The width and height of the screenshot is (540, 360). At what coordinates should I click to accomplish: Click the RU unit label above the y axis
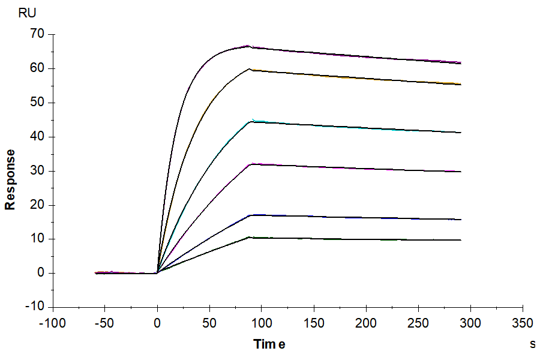(x=28, y=13)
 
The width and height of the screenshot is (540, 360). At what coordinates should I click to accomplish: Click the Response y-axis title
(x=10, y=179)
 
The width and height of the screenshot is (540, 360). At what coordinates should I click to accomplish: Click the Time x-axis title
(x=269, y=344)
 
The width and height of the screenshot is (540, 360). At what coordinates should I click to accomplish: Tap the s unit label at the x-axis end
(x=533, y=344)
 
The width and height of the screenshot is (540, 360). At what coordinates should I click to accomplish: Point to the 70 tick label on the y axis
(x=38, y=34)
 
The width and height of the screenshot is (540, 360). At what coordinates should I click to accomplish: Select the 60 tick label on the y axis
(x=38, y=68)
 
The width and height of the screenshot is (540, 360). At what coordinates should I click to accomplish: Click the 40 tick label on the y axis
(x=38, y=137)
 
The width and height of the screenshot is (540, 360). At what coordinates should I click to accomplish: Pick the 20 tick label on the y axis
(x=38, y=205)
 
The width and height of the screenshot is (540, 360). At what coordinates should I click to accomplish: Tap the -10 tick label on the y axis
(x=35, y=307)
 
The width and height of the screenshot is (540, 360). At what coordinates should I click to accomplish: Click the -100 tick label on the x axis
(x=53, y=323)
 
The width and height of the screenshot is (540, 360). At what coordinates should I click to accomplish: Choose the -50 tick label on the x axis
(x=105, y=323)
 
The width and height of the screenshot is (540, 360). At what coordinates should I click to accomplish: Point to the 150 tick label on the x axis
(x=314, y=323)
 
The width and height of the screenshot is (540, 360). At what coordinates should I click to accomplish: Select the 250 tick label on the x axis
(x=418, y=323)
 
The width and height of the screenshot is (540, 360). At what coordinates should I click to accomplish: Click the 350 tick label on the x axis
(x=523, y=323)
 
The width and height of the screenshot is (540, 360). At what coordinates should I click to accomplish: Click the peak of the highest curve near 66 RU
(x=248, y=46)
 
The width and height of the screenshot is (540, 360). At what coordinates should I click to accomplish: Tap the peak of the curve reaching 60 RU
(x=250, y=69)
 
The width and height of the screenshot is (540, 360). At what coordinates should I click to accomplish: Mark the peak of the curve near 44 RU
(x=251, y=121)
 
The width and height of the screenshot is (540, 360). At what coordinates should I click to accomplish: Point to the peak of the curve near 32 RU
(x=251, y=164)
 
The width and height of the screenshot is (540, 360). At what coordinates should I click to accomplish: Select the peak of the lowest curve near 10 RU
(x=251, y=238)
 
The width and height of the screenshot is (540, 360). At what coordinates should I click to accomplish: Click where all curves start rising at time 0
(x=157, y=273)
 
